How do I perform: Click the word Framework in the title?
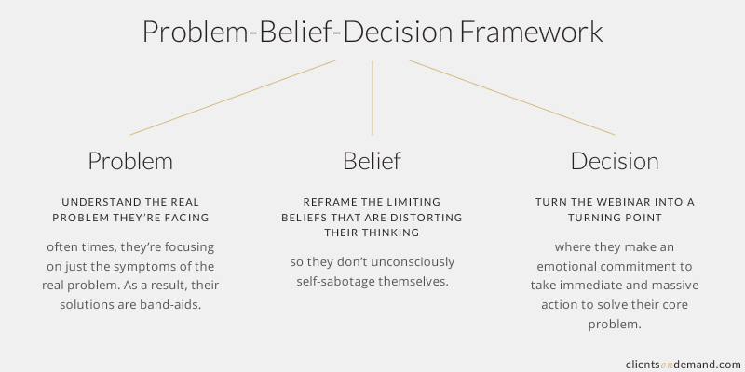531,33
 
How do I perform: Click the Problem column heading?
130,161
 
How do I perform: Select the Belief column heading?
372,160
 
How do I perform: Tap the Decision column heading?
615,161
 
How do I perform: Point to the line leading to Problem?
233,98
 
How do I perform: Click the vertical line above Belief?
372,99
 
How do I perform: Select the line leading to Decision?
512,98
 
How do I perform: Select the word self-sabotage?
335,282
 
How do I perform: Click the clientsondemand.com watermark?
684,365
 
